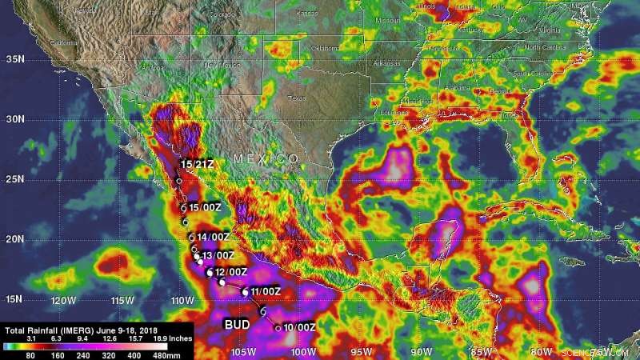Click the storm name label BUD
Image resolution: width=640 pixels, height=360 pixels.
pos(236,324)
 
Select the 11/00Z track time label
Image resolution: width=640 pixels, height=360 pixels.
pos(265,291)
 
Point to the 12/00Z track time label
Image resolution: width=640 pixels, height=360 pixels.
pos(232,272)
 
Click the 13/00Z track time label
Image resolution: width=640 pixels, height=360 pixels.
pos(218,255)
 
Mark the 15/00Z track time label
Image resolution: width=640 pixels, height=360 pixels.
pos(205,207)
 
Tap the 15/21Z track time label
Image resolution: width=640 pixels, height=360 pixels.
pos(198,164)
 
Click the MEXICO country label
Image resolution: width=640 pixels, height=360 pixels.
pos(266,159)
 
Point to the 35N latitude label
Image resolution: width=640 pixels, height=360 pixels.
pos(14,59)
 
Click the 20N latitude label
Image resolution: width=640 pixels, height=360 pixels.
pos(14,239)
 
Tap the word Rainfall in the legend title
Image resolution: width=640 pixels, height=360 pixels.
pos(47,329)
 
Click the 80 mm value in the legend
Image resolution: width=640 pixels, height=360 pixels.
pos(29,353)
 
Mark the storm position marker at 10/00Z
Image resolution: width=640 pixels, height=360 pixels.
pos(278,327)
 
